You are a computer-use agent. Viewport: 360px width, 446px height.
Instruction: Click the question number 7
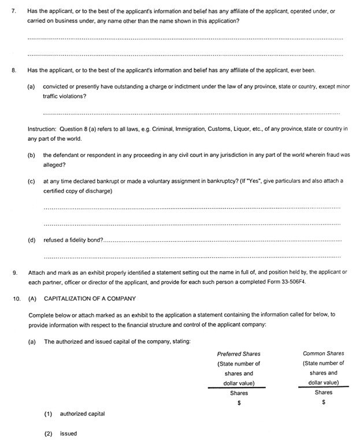(14, 11)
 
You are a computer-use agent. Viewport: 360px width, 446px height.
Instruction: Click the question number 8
(14, 70)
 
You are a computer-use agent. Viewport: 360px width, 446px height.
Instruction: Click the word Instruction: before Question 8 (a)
(44, 128)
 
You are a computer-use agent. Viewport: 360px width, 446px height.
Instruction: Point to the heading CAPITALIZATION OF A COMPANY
(90, 298)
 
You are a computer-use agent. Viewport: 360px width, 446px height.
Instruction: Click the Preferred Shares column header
(239, 353)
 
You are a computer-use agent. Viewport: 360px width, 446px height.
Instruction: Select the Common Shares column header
(323, 353)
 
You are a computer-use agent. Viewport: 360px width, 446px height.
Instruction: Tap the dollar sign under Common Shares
(324, 403)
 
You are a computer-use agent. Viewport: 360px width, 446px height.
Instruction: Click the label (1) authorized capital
(74, 414)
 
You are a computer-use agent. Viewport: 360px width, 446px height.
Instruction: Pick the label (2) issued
(61, 433)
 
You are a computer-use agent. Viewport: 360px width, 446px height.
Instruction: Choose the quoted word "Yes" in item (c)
(257, 180)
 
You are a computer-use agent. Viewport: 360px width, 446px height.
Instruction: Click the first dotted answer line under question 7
(185, 39)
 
